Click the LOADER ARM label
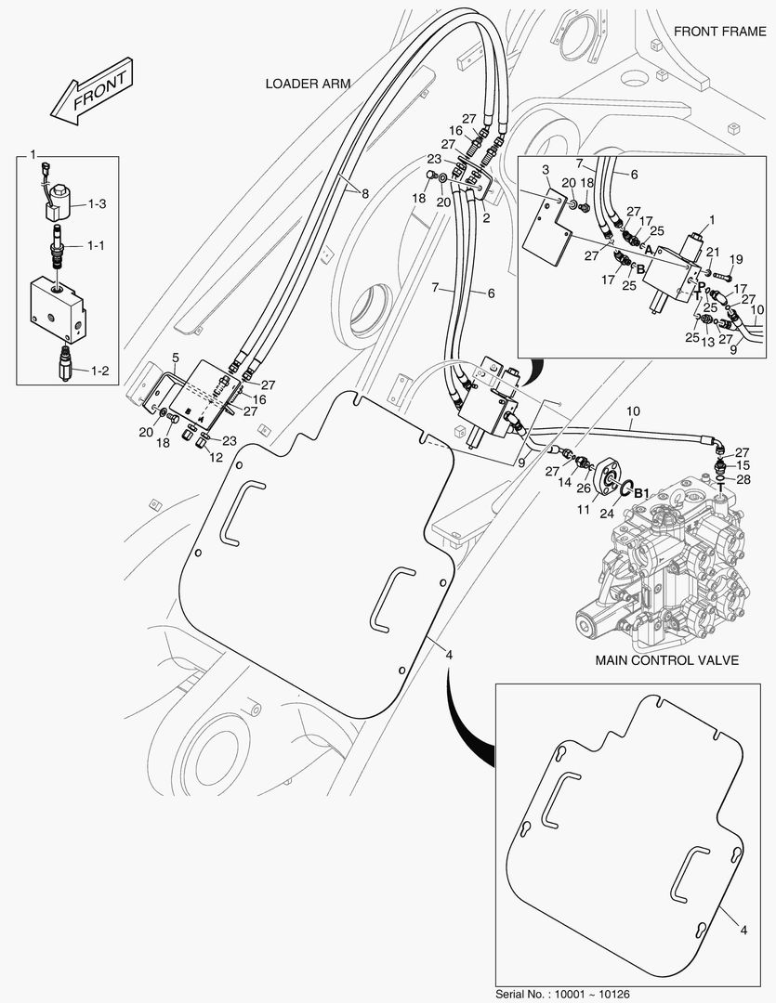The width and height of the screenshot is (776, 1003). tap(308, 84)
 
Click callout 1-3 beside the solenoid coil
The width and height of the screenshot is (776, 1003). tap(98, 203)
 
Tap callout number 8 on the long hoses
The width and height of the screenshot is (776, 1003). tap(365, 194)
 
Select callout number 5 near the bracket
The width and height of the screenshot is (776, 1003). tap(175, 357)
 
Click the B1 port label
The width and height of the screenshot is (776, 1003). tap(641, 492)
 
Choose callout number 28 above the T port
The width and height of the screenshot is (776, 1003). tap(743, 479)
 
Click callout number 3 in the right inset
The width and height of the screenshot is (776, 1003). tap(546, 171)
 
